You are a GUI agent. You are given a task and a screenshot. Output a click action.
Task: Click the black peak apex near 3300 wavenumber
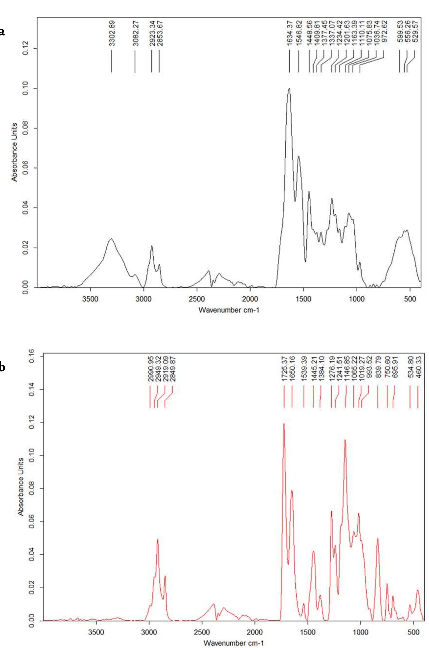click(111, 239)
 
